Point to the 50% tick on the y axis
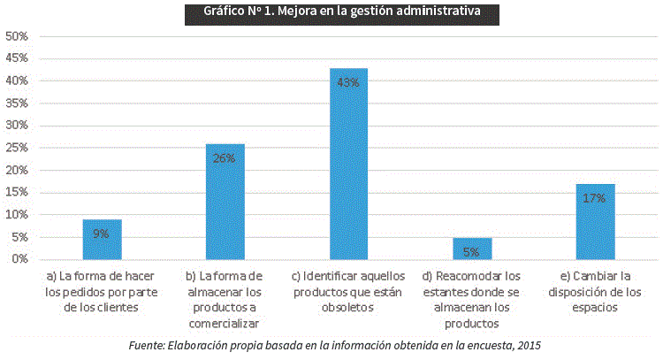17,36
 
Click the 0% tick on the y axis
19,259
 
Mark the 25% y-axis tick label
17,148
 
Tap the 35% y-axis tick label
17,103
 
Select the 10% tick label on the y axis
17,215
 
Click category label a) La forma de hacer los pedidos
102,291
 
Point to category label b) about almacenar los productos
225,291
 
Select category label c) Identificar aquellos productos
347,291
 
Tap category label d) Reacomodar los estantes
471,299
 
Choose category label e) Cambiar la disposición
594,291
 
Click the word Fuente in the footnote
148,344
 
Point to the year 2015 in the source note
527,344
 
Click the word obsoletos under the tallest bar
347,308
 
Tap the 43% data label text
347,82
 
